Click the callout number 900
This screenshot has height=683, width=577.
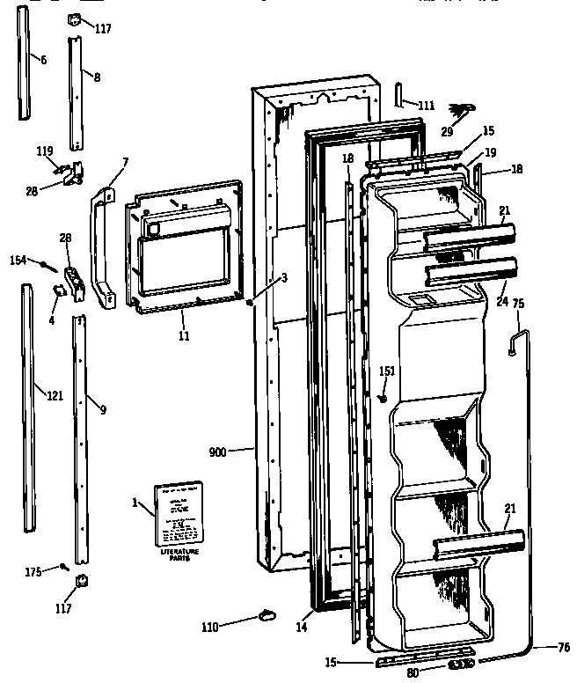pyautogui.click(x=217, y=452)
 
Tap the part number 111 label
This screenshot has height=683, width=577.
pyautogui.click(x=427, y=106)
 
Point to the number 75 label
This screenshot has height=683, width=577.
pyautogui.click(x=518, y=305)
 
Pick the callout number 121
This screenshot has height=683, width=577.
pyautogui.click(x=55, y=396)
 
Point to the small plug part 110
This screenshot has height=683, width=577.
pyautogui.click(x=267, y=614)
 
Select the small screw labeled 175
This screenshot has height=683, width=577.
pyautogui.click(x=64, y=567)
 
